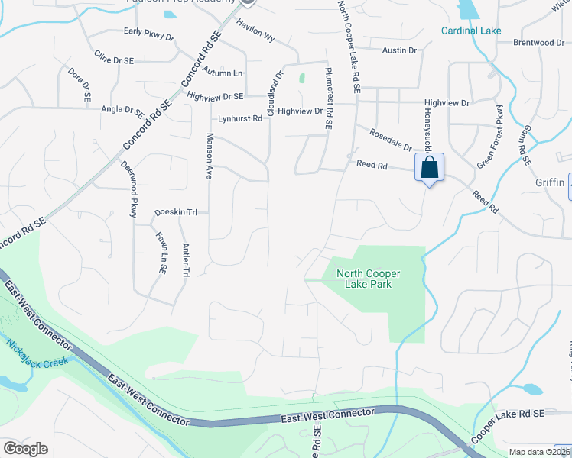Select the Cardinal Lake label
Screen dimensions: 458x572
pos(471,31)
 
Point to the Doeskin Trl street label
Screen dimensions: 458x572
pos(176,212)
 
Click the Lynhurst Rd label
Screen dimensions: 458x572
pos(240,118)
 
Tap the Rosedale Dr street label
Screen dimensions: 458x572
pos(391,139)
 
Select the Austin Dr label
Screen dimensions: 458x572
pos(400,50)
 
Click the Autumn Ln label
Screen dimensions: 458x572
pos(223,73)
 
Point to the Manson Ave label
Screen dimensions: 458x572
pos(209,156)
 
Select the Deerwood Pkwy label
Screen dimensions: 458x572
pos(128,189)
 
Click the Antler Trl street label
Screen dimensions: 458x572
pos(186,259)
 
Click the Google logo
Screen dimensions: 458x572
pos(25,449)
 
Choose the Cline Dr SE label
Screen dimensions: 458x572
pos(112,57)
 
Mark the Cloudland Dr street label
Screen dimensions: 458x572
pos(274,94)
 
